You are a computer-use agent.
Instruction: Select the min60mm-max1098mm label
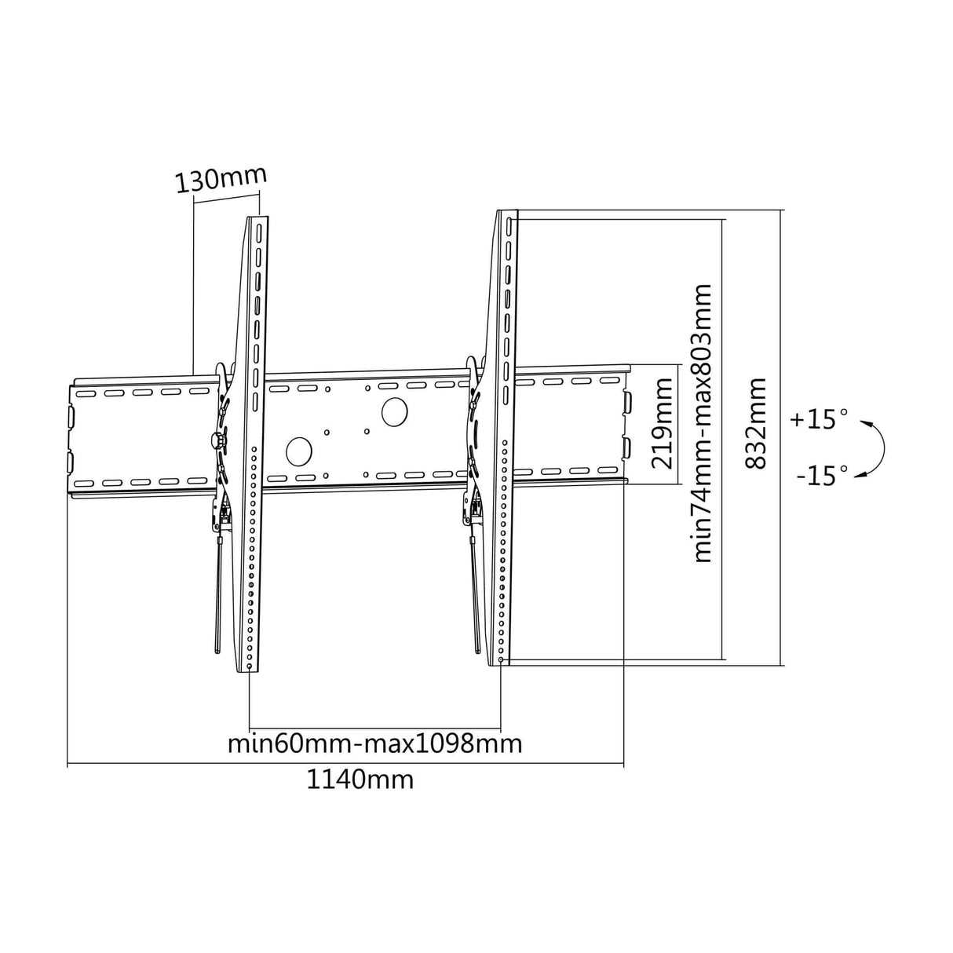[x=374, y=743]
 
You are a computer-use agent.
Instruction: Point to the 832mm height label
[x=756, y=424]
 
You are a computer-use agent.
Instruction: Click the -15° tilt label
[x=821, y=476]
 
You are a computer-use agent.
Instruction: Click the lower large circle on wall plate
[x=299, y=451]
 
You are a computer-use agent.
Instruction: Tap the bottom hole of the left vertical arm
[x=250, y=666]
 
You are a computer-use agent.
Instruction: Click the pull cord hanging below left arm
[x=217, y=597]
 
